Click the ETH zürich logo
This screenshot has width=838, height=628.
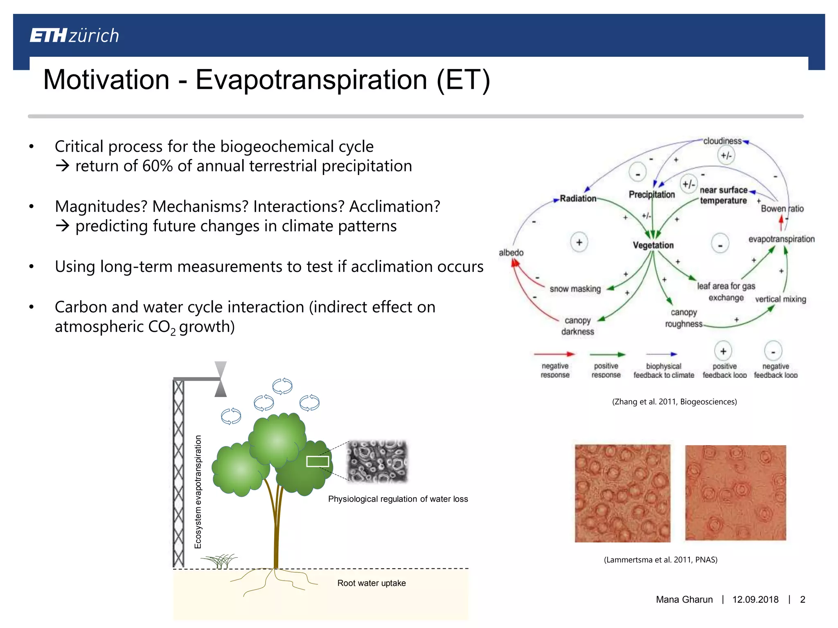[74, 36]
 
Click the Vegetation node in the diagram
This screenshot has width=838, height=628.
[653, 245]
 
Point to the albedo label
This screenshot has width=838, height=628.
[511, 253]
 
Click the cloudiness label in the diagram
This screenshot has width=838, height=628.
[722, 141]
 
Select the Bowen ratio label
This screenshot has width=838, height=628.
[782, 209]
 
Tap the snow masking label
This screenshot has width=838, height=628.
[575, 289]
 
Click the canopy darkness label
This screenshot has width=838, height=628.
[577, 326]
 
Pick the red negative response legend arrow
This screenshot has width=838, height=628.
[554, 354]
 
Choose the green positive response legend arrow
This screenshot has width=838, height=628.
[607, 354]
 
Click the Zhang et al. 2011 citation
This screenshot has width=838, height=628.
[674, 402]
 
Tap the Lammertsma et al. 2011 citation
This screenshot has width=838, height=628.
[660, 560]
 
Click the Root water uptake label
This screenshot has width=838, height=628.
[371, 583]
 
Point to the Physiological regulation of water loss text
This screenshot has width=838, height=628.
[398, 499]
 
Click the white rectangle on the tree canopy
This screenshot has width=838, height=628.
[318, 461]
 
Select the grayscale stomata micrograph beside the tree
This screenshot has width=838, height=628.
[377, 461]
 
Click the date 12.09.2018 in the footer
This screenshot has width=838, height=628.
[755, 599]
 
